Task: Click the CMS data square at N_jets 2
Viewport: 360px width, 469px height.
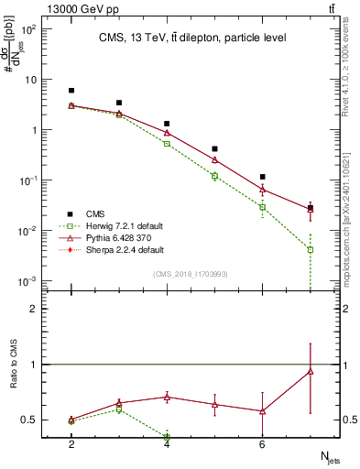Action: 71,91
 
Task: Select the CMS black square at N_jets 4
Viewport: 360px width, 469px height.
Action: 167,124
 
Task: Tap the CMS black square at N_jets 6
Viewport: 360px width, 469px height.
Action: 263,177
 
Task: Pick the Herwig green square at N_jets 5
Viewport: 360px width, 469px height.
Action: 214,176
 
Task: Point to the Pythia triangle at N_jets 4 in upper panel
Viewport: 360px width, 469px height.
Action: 167,133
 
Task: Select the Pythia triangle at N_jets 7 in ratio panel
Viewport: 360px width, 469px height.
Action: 311,371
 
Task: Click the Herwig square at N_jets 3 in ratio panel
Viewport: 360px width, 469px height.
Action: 119,409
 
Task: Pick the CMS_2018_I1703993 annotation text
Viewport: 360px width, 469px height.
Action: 191,274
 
